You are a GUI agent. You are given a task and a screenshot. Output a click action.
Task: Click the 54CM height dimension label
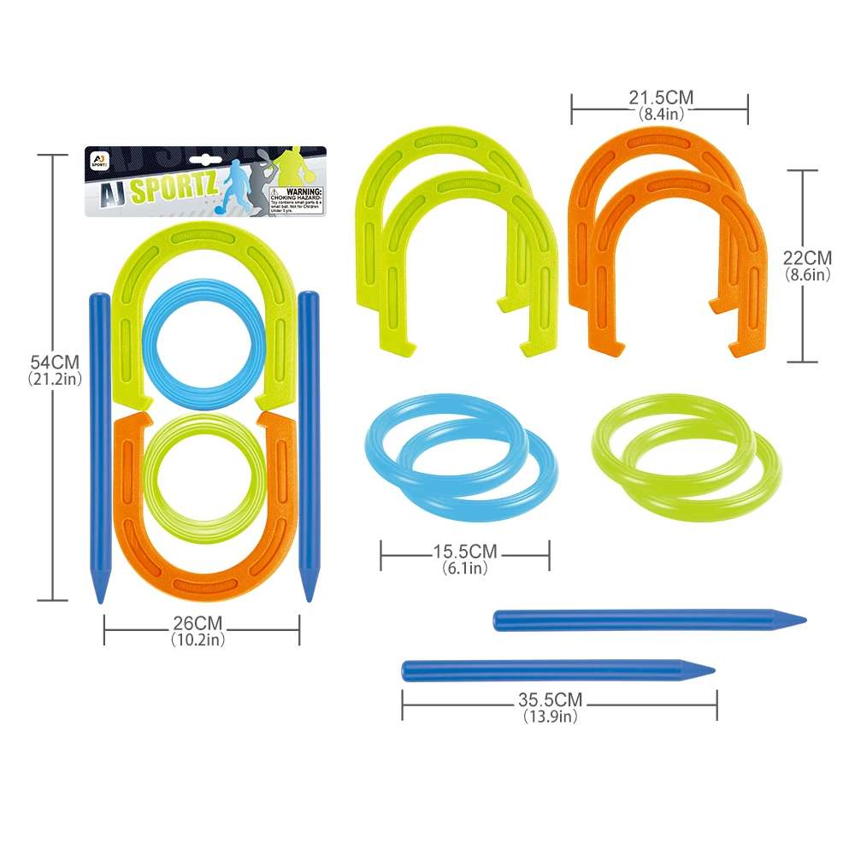pos(53,362)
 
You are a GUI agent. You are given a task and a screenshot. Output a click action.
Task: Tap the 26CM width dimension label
pos(202,623)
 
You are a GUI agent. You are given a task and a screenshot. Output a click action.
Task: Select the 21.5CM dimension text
pos(659,98)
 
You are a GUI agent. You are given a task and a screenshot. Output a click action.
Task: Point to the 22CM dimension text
pos(807,256)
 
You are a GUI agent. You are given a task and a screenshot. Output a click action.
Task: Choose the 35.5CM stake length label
pos(550,699)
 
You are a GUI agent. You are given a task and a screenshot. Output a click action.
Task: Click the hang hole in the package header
pos(205,157)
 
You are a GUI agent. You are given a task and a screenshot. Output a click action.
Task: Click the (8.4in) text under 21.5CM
pos(659,113)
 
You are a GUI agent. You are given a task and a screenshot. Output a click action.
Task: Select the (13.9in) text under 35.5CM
pos(550,716)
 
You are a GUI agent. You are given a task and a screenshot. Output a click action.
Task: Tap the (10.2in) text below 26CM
pos(202,639)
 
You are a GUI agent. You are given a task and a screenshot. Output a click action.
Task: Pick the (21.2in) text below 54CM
pos(53,379)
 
